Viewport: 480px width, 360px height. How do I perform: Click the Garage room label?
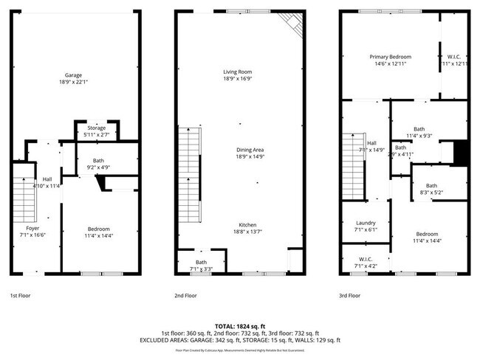point(73,75)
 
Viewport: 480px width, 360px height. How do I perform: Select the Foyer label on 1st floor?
point(34,228)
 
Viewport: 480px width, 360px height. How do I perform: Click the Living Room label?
point(238,72)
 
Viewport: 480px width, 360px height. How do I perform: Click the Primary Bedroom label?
point(390,57)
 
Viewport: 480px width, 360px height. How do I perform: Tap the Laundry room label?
point(366,222)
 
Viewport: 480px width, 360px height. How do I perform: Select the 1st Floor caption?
point(19,295)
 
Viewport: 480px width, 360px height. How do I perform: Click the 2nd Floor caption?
point(185,295)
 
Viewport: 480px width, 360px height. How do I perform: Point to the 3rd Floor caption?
point(351,295)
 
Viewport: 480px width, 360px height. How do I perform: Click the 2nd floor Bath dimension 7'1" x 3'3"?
point(201,269)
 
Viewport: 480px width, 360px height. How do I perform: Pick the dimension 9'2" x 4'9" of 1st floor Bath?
point(98,167)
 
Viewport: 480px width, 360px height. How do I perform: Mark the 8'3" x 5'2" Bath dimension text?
point(431,193)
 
